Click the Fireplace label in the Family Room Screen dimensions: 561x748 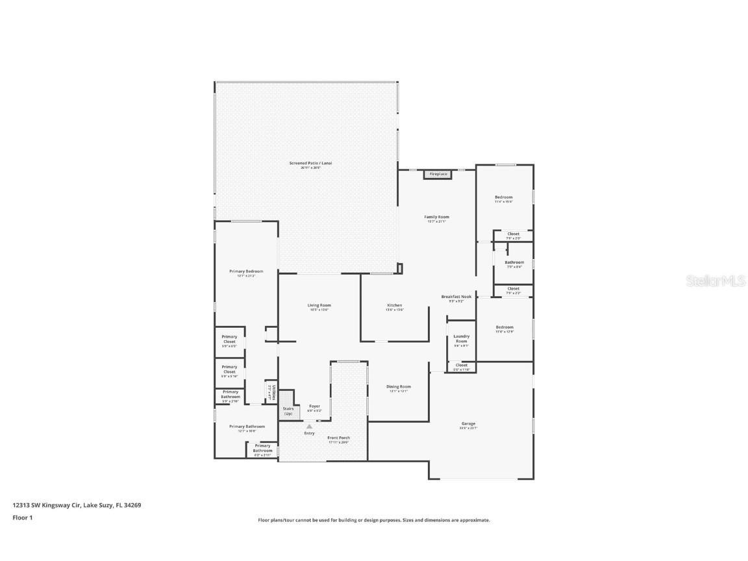pos(438,174)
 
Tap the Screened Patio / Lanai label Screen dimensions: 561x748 pos(305,163)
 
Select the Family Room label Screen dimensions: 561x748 pos(436,217)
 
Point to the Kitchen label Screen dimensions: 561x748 pos(395,305)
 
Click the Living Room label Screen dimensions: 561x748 pos(319,305)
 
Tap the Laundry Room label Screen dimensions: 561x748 pos(461,338)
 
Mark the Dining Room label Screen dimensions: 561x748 pos(399,386)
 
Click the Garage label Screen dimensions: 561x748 pos(468,424)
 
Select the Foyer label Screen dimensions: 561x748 pos(314,406)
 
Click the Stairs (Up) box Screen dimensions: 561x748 pos(287,411)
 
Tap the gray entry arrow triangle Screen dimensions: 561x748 pos(309,427)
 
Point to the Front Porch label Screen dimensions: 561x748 pos(338,438)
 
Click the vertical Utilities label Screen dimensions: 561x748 pos(273,392)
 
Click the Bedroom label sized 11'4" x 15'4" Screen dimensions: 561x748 pos(503,197)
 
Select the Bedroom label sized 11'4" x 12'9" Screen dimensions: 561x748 pos(504,327)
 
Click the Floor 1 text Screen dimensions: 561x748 pos(22,517)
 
